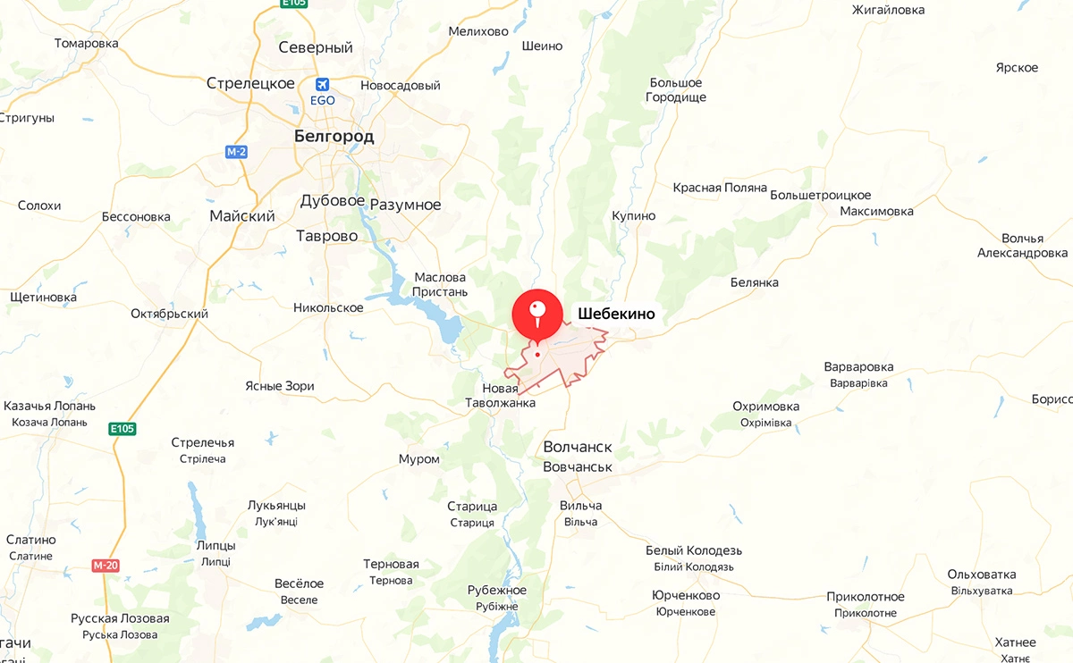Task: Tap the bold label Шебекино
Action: pyautogui.click(x=617, y=314)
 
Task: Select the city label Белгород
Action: pyautogui.click(x=334, y=137)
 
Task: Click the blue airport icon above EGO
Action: pyautogui.click(x=322, y=84)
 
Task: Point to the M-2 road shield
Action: pyautogui.click(x=236, y=152)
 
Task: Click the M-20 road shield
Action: pyautogui.click(x=105, y=566)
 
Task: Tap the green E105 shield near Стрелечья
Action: pyautogui.click(x=123, y=429)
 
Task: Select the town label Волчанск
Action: pyautogui.click(x=578, y=447)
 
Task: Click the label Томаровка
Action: pyautogui.click(x=86, y=43)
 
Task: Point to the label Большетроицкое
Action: pyautogui.click(x=820, y=195)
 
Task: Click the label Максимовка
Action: pyautogui.click(x=876, y=211)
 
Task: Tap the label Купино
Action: pyautogui.click(x=634, y=215)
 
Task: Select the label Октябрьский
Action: pyautogui.click(x=169, y=314)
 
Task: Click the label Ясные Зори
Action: pyautogui.click(x=280, y=386)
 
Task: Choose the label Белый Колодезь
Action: pyautogui.click(x=694, y=550)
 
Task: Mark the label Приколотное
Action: pyautogui.click(x=866, y=597)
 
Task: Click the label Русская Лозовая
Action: pyautogui.click(x=120, y=618)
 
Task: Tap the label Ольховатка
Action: pyautogui.click(x=982, y=574)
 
